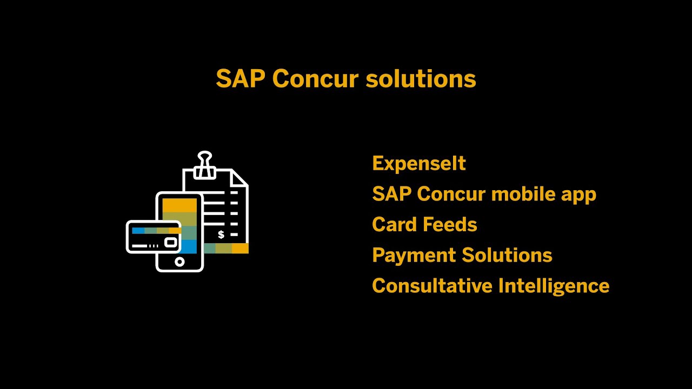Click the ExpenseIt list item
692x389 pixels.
pos(419,163)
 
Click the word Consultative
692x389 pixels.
pos(431,285)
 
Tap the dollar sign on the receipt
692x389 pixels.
pos(221,234)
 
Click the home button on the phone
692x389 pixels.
pos(179,262)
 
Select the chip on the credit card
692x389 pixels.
pos(171,243)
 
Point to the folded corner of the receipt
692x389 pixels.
pos(240,178)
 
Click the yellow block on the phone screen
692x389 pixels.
pos(179,205)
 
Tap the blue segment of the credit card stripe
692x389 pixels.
pos(138,230)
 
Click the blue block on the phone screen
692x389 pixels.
pos(189,247)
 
